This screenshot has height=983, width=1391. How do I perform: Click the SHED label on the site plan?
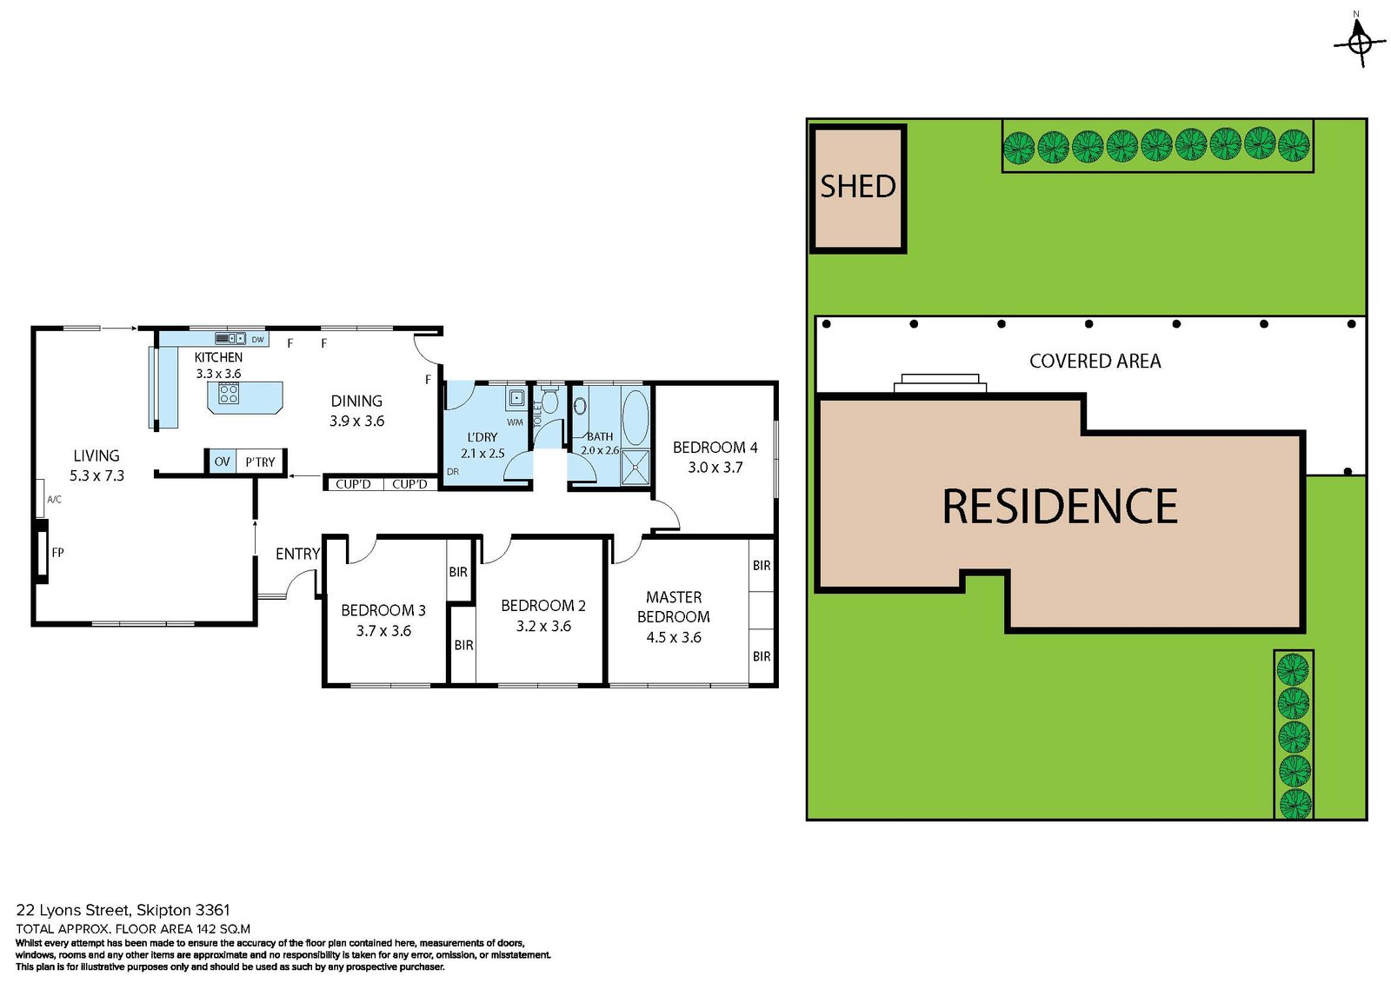click(857, 187)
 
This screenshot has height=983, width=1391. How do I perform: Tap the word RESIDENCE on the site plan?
click(1059, 507)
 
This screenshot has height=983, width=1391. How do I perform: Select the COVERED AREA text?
click(1095, 362)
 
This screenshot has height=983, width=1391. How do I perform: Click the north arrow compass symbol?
click(1360, 41)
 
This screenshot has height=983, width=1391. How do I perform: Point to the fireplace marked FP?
click(42, 552)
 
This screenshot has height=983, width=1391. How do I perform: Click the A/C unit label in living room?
click(54, 500)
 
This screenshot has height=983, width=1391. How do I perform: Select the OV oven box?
click(222, 462)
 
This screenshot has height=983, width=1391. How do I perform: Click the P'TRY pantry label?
click(260, 462)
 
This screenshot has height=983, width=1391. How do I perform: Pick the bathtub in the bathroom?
click(636, 417)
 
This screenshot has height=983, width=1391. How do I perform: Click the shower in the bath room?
click(636, 467)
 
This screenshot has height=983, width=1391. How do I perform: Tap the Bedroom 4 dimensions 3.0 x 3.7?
click(715, 468)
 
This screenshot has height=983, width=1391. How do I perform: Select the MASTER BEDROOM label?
click(673, 607)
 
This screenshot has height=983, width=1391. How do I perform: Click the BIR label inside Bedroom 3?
click(458, 572)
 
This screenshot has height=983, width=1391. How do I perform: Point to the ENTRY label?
click(297, 554)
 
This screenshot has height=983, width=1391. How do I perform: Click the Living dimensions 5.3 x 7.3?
click(97, 476)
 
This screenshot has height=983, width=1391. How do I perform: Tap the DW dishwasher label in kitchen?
click(257, 339)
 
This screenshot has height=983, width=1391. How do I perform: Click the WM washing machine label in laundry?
click(515, 422)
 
